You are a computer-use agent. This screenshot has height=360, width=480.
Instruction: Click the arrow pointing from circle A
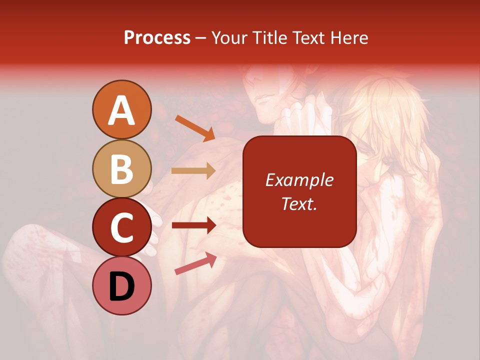point(195,128)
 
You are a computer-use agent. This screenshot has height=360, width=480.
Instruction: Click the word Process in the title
point(157,37)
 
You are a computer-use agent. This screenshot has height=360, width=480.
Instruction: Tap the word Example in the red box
point(299,180)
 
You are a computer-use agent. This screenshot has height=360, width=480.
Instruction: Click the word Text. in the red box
point(299,203)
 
